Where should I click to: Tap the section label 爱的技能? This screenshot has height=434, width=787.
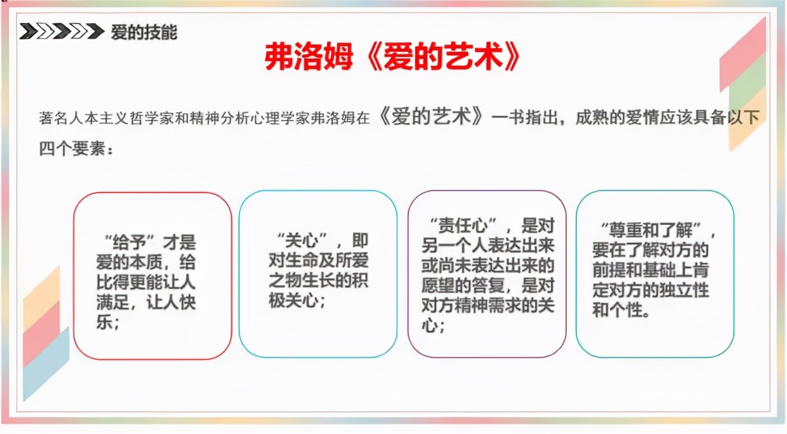coord(144,32)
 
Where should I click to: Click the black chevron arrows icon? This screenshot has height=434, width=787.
coord(61,31)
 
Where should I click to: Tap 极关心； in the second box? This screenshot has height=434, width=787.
coord(297,302)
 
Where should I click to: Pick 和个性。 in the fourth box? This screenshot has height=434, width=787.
coord(621,309)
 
